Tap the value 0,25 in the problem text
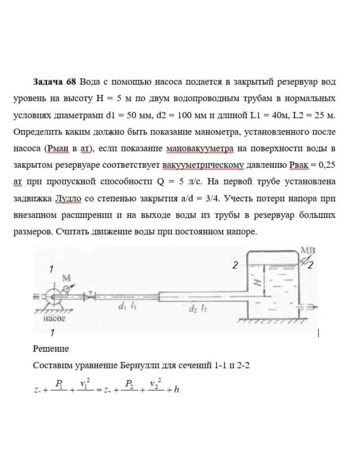[327, 165]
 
